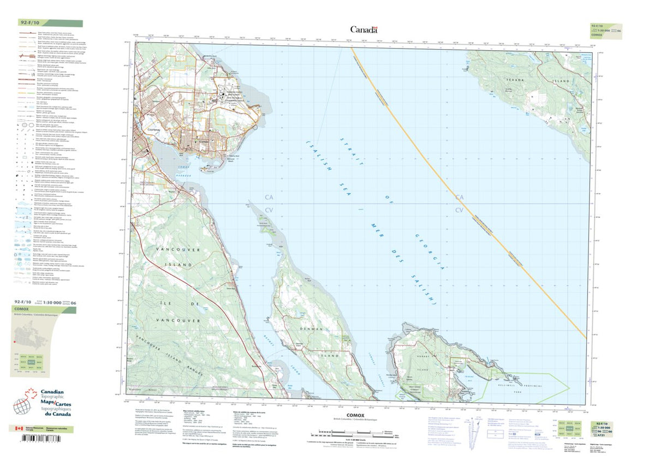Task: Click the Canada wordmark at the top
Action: (364, 29)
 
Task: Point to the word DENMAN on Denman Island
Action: (309, 330)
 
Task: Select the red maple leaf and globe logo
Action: (23, 404)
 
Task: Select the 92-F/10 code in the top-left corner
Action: (31, 23)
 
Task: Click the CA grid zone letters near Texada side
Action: (460, 197)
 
